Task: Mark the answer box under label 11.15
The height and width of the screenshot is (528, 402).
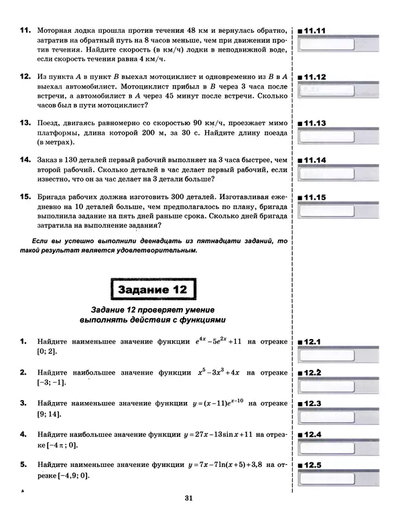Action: click(335, 212)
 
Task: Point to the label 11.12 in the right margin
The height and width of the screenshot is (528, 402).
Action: click(313, 77)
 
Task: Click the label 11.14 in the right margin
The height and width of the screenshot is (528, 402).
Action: click(313, 160)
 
